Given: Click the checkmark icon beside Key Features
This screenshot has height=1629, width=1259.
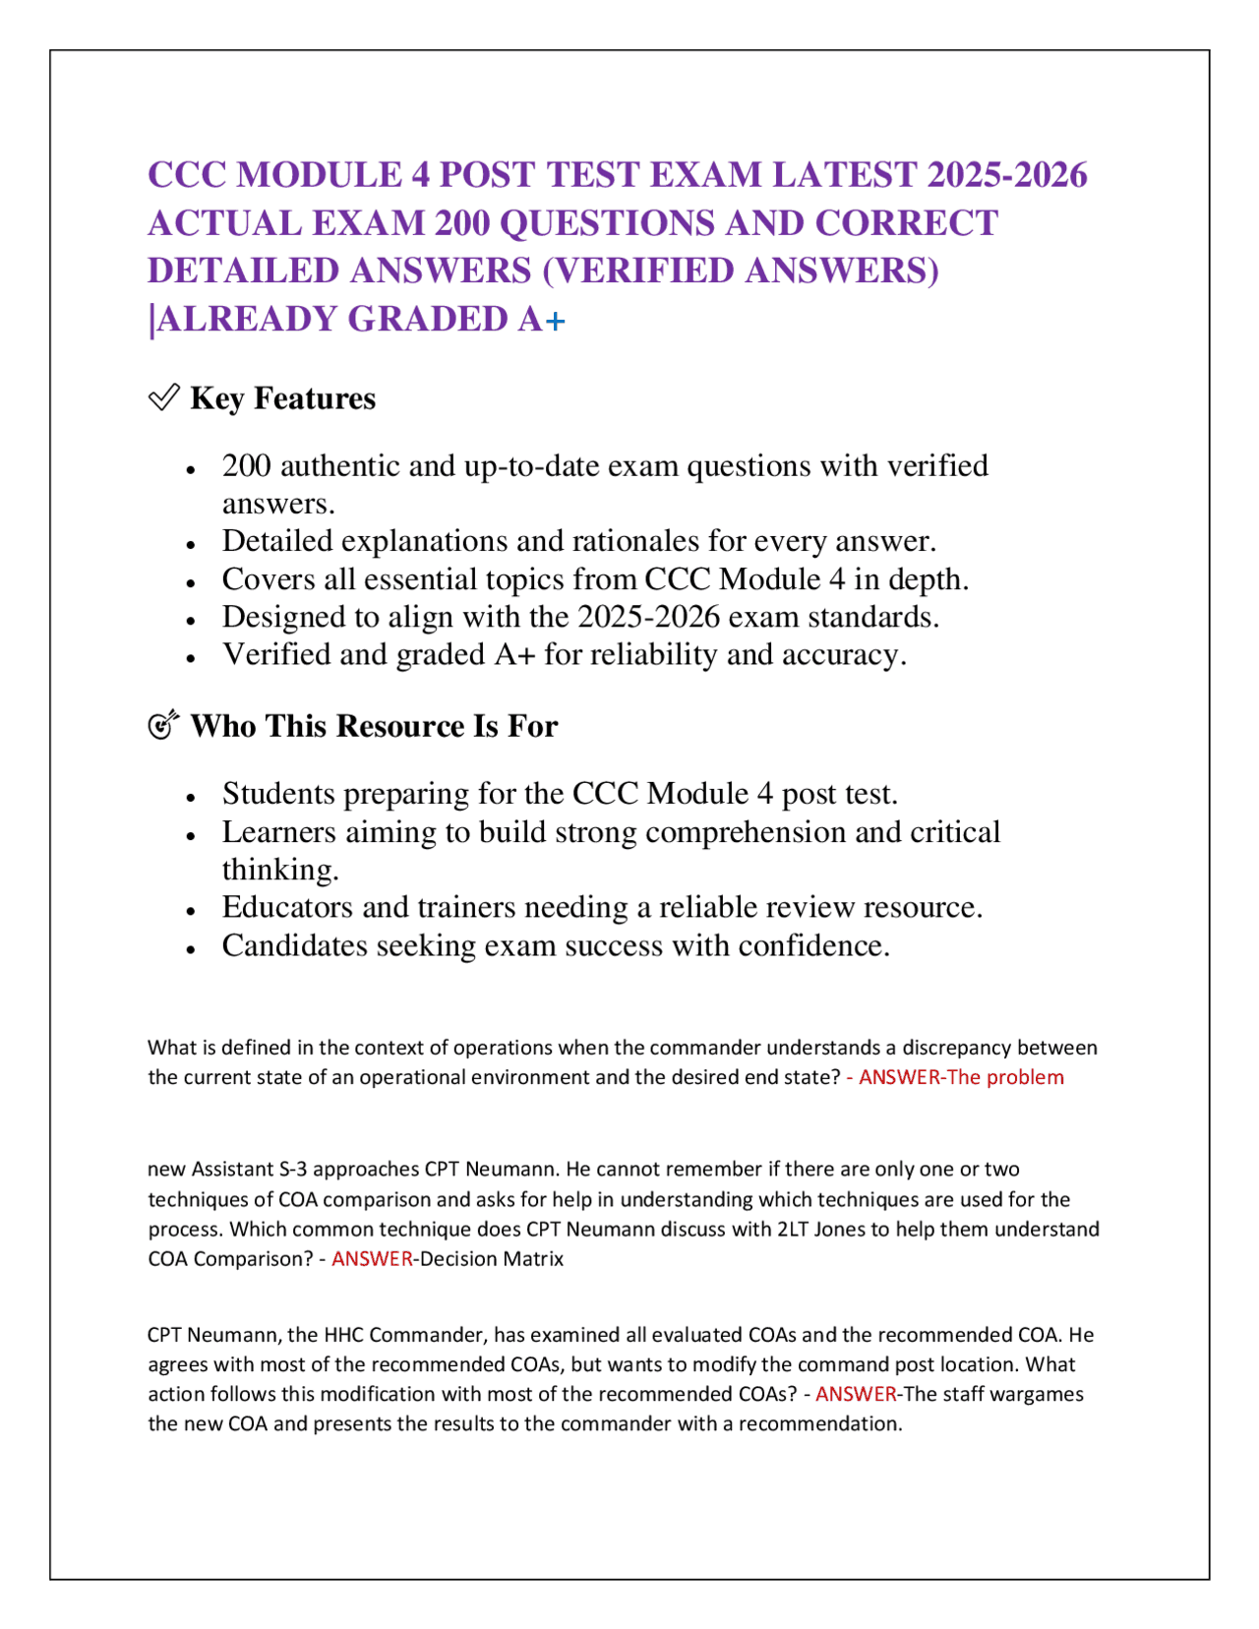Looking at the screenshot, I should click(163, 397).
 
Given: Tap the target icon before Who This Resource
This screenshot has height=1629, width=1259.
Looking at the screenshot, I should click(163, 725).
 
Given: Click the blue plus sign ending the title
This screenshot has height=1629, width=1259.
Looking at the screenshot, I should click(556, 321).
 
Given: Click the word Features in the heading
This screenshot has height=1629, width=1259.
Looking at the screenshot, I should click(315, 398).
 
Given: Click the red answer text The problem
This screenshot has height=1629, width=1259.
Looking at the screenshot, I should click(1005, 1077).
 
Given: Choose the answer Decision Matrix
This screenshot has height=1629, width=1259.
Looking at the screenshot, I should click(492, 1259).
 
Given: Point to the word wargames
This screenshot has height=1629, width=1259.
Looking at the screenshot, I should click(1036, 1394).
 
